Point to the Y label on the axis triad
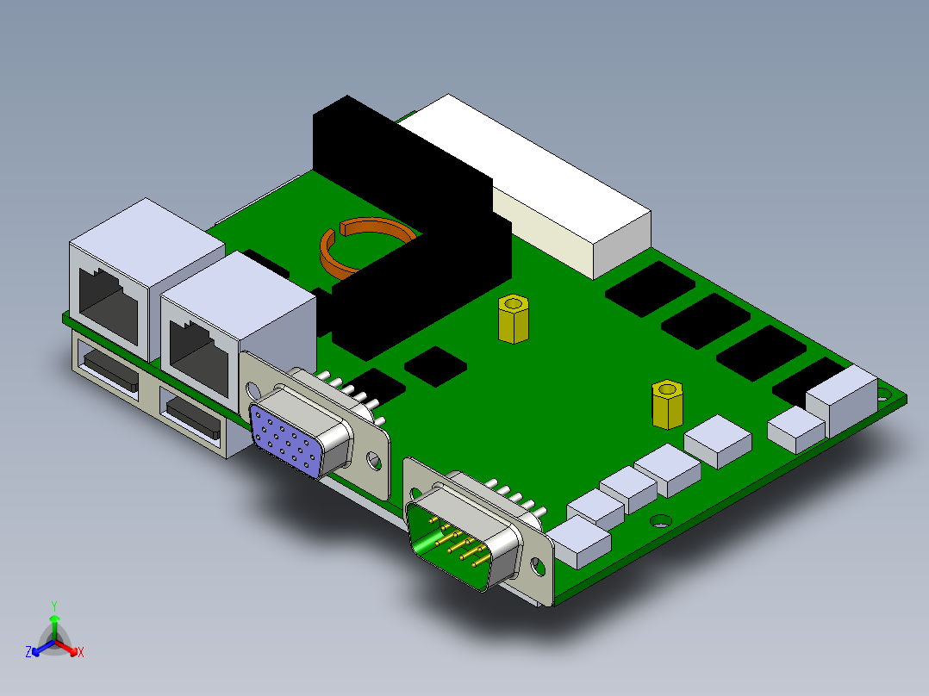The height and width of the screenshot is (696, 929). (x=54, y=605)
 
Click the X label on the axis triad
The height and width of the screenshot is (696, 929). (x=81, y=653)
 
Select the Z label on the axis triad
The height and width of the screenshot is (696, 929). (x=28, y=653)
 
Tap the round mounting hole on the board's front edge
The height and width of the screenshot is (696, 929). (x=661, y=520)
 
